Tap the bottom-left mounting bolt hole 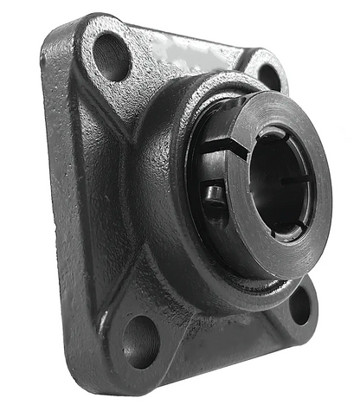coord(138,340)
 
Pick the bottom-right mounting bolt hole coord(299,305)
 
